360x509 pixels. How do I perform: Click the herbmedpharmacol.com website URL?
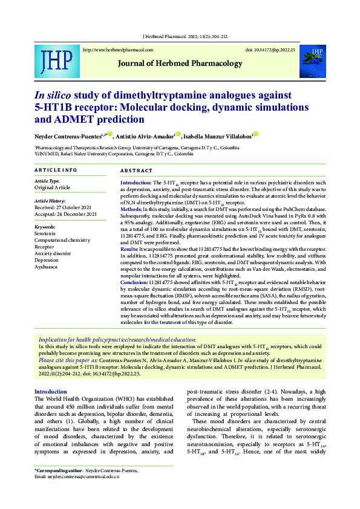[x=117, y=50]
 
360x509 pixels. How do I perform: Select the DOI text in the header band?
[x=270, y=50]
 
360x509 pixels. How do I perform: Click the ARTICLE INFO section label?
[x=56, y=170]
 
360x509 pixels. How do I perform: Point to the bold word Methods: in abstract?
[x=131, y=209]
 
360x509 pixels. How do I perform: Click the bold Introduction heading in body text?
[x=51, y=392]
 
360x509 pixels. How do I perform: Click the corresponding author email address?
[x=85, y=476]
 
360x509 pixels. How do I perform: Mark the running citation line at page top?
[x=184, y=37]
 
